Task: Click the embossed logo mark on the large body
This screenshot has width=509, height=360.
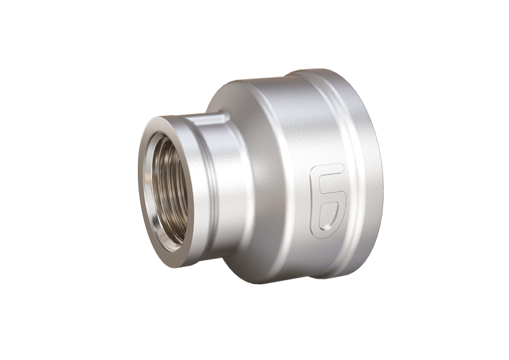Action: tap(328, 197)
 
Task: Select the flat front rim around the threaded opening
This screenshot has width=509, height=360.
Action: tap(148, 160)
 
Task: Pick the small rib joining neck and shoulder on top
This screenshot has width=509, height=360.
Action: tap(221, 117)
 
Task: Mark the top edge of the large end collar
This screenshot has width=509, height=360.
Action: tap(333, 73)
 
